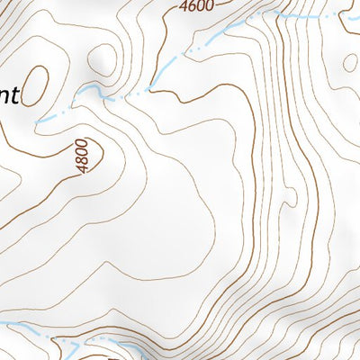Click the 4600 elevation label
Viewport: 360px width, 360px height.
coord(196,6)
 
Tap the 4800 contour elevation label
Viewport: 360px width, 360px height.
coord(83,158)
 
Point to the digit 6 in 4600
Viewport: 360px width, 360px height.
coord(191,6)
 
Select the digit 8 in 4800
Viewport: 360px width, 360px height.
coord(83,163)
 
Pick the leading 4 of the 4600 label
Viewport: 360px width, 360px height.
coord(184,6)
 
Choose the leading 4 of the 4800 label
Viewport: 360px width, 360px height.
coord(84,170)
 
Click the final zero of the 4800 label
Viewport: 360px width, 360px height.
coord(82,147)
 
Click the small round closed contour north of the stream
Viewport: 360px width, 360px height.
coord(105,58)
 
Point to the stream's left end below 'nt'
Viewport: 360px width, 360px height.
coord(38,121)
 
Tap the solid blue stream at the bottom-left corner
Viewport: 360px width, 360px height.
coord(18,328)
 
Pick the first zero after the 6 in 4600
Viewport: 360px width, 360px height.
coord(199,6)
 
